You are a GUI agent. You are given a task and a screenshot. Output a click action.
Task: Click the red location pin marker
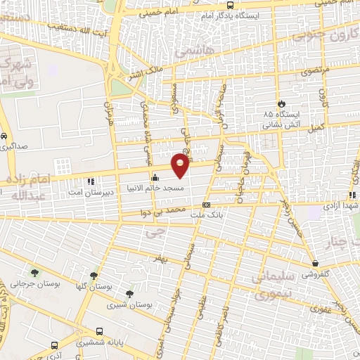pyautogui.click(x=181, y=164)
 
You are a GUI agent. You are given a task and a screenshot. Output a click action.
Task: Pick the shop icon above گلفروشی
pyautogui.click(x=314, y=265)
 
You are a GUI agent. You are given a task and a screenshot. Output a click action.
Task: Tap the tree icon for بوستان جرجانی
pyautogui.click(x=34, y=273)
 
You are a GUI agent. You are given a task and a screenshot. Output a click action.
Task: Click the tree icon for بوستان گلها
pyautogui.click(x=94, y=276)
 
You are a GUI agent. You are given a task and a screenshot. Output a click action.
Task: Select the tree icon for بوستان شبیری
pyautogui.click(x=129, y=295)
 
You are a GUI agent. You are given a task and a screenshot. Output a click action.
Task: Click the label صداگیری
pyautogui.click(x=15, y=148)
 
